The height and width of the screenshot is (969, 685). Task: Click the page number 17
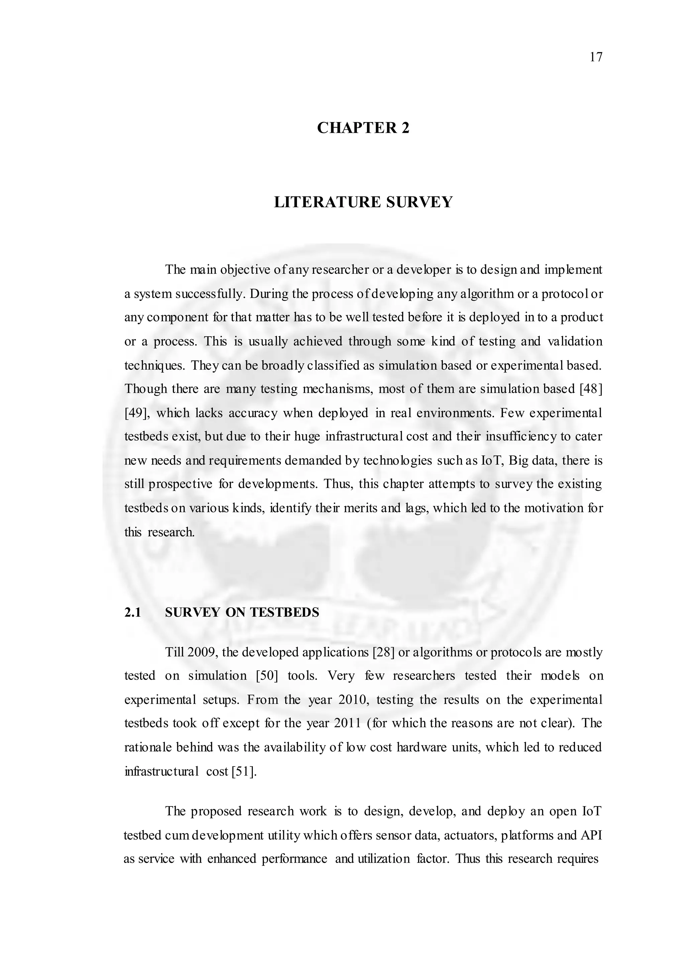point(596,57)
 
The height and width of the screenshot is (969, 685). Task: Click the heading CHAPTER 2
point(363,128)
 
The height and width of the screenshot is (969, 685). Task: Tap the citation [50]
point(267,676)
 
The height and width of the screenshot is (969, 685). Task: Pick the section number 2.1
point(132,612)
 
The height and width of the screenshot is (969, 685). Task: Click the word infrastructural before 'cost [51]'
point(161,772)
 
